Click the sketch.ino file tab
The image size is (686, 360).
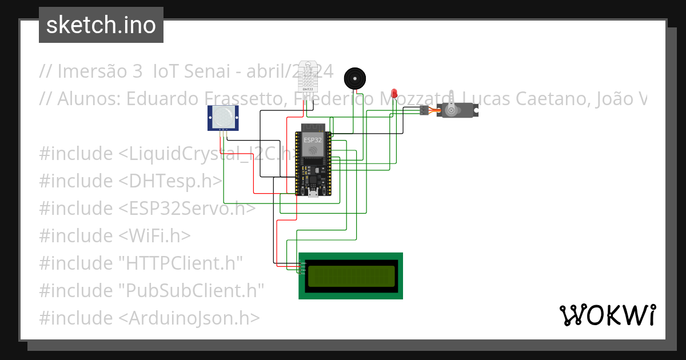[x=101, y=25]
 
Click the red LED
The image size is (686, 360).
[x=394, y=93]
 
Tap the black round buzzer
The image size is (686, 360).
[x=354, y=78]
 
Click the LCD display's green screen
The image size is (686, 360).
[x=351, y=276]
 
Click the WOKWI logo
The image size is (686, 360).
[x=607, y=315]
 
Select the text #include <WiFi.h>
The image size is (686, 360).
[x=115, y=235]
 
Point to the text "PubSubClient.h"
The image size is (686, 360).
[x=192, y=290]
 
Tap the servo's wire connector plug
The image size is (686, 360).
[x=423, y=110]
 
